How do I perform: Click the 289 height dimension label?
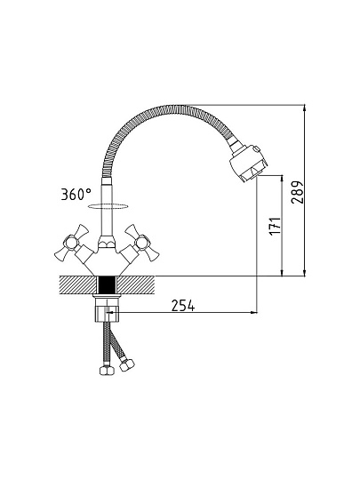tap(297, 193)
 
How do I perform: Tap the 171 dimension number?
tap(275, 227)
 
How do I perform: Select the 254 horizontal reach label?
tap(183, 305)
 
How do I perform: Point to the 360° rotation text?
tap(76, 194)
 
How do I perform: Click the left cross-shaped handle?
tap(72, 242)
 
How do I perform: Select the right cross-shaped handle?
tap(141, 243)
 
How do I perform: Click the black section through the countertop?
tap(107, 285)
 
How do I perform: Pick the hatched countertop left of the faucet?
tap(77, 285)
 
